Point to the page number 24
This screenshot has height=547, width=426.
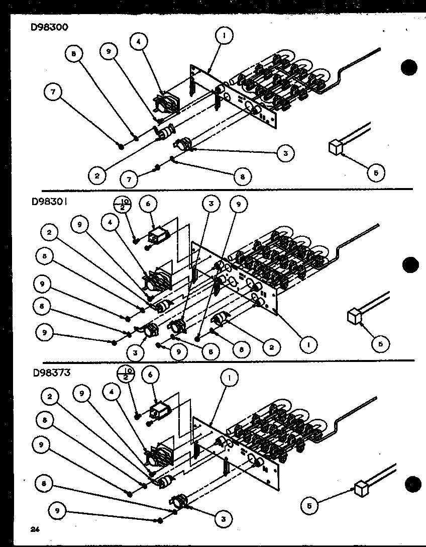34,529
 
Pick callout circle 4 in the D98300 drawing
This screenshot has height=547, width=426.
139,42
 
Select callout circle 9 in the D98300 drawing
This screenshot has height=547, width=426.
109,52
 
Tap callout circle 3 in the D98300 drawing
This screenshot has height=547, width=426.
285,153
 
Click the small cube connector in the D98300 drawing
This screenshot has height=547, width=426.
335,146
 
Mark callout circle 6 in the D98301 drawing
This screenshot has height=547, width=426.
149,205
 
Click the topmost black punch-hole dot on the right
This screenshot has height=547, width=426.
410,67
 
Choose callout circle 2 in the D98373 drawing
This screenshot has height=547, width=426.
50,397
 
